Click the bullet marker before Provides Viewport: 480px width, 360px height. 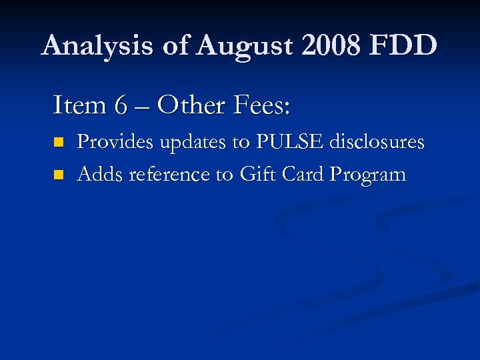click(x=59, y=142)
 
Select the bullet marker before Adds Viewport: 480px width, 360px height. click(x=59, y=175)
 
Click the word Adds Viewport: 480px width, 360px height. click(x=100, y=175)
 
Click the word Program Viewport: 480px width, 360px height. click(x=369, y=175)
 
